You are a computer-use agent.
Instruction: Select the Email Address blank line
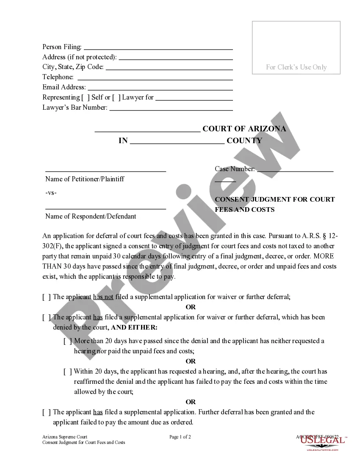pos(160,88)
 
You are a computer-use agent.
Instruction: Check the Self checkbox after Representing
pos(85,97)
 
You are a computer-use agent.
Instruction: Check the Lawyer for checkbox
pos(116,97)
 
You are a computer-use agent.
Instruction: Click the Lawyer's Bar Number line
pos(171,108)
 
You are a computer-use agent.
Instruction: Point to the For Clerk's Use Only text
pos(296,67)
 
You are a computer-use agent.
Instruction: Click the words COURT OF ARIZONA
pos(244,129)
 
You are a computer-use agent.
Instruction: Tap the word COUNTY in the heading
pos(244,141)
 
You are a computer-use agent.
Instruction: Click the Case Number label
pos(235,169)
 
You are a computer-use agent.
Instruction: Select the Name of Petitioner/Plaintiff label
pos(85,179)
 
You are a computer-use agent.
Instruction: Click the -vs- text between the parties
pos(51,193)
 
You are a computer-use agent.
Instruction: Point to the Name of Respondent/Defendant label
pos(91,216)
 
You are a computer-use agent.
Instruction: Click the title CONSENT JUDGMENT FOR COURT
pos(274,199)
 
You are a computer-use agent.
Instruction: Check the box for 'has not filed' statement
pos(46,297)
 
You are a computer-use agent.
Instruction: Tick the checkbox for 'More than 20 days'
pos(67,341)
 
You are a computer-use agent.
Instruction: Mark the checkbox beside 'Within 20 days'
pos(67,372)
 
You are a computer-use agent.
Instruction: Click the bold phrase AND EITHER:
pos(134,327)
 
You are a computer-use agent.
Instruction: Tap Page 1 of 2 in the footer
pos(180,437)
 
